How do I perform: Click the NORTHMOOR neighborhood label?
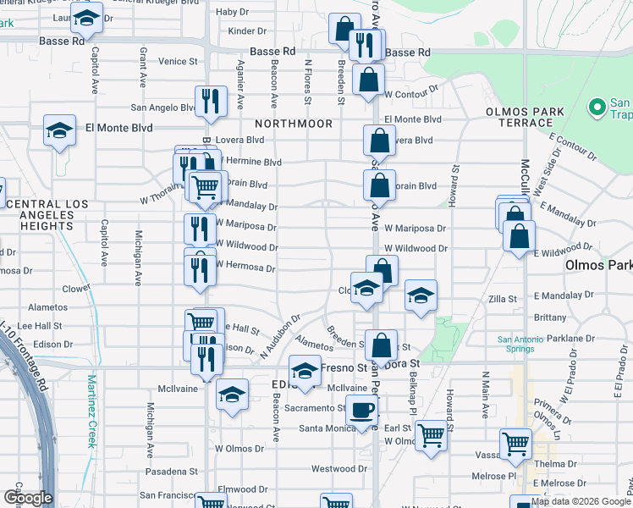[x=294, y=124]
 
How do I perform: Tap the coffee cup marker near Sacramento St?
[x=362, y=410]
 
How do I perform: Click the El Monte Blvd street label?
[x=118, y=128]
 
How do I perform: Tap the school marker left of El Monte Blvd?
[x=60, y=130]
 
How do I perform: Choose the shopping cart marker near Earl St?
[x=432, y=435]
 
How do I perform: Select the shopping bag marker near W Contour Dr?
[x=369, y=81]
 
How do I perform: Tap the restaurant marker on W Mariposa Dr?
[x=200, y=229]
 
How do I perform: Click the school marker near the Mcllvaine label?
[x=232, y=393]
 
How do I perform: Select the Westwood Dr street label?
[x=338, y=469]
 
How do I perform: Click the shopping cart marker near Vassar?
[x=515, y=443]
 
